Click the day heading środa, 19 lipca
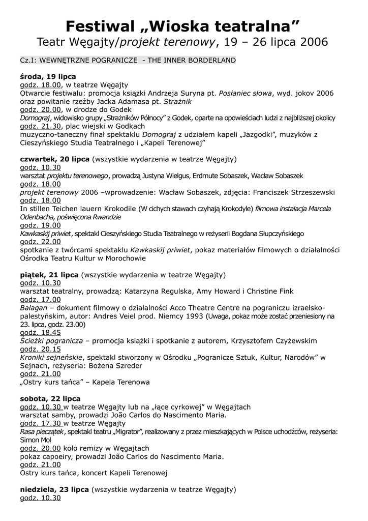pos(48,76)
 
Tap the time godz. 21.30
pos(41,126)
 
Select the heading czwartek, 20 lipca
pos(55,159)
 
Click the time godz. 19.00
pos(41,225)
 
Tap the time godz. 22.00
pos(41,242)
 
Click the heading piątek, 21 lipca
pos(49,275)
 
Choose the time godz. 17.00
pos(41,300)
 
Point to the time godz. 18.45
pos(41,332)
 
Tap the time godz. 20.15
pos(41,349)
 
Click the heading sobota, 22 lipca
pos(50,398)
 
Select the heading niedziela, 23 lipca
pos(55,489)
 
